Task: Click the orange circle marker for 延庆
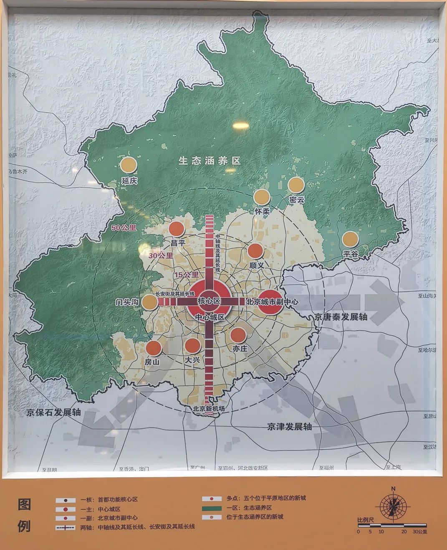128,165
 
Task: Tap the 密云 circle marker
296,185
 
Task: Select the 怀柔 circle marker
263,197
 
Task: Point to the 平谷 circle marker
350,239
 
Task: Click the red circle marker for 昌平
177,229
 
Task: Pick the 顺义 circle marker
255,251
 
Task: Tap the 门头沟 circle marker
149,302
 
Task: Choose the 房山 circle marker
153,348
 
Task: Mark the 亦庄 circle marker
238,335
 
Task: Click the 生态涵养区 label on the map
210,160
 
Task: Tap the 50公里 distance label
124,228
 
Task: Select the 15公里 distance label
187,275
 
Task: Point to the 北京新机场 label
209,409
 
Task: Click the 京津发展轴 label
290,427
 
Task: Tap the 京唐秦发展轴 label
341,316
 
